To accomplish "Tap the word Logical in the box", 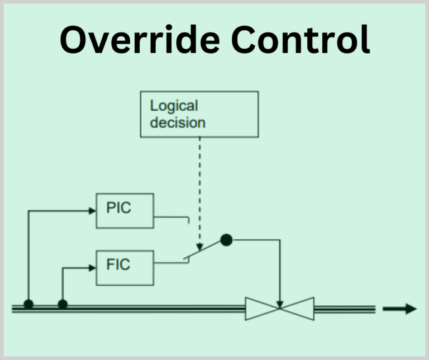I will click(x=174, y=106).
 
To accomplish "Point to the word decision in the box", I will click(x=178, y=122).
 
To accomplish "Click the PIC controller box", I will click(x=125, y=210).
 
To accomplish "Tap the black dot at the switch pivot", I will click(x=226, y=240).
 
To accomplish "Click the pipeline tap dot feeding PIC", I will click(x=28, y=305).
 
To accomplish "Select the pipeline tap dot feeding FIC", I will click(x=63, y=305).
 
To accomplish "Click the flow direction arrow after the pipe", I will click(x=399, y=309).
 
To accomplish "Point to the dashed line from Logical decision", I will click(x=199, y=184).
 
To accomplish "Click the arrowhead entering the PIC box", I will click(x=92, y=211).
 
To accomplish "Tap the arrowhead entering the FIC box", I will click(x=92, y=267).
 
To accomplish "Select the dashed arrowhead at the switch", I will click(x=199, y=247).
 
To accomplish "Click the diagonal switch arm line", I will click(x=204, y=250).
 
